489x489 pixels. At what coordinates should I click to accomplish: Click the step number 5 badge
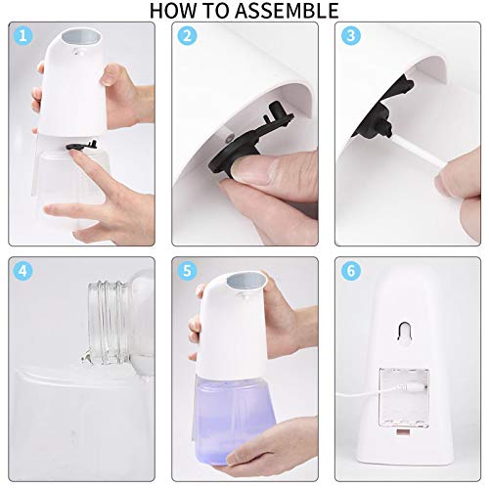(x=187, y=270)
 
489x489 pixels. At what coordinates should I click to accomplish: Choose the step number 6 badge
(x=352, y=270)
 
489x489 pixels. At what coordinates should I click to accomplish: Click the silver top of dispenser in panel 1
(x=81, y=39)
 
